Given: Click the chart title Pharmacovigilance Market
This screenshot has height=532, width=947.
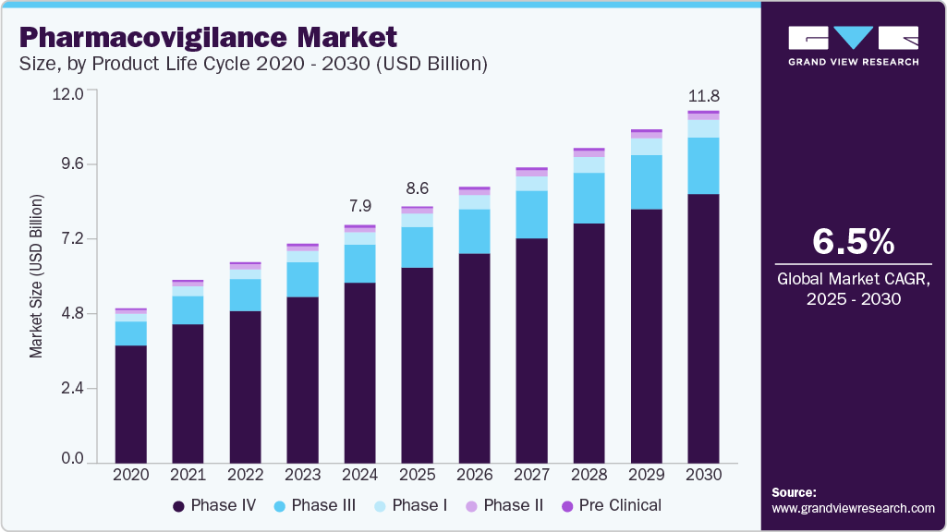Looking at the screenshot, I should click(207, 37).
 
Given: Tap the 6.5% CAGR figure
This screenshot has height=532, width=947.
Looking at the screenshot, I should click(853, 242).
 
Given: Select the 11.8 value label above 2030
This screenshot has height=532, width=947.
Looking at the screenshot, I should click(703, 96).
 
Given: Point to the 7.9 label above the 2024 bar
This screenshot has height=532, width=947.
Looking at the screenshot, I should click(359, 205).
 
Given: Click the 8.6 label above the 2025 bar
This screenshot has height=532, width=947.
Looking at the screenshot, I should click(417, 187).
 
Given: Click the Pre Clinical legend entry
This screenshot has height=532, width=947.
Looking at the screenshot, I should click(612, 505).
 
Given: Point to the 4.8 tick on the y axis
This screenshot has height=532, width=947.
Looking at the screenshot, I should click(71, 314).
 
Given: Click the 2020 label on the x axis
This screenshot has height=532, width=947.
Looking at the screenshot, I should click(130, 474).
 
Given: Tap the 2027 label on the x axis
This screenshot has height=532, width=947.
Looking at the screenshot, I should click(531, 474).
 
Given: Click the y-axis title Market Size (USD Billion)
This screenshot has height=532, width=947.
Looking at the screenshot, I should click(36, 276).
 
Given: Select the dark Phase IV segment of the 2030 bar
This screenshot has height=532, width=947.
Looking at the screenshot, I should click(703, 328).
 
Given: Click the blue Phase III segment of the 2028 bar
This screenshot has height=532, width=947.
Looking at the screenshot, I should click(589, 198).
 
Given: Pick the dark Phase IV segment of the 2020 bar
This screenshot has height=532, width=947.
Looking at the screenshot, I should click(130, 404).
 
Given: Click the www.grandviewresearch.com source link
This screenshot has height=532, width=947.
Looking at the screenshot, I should click(853, 508).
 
